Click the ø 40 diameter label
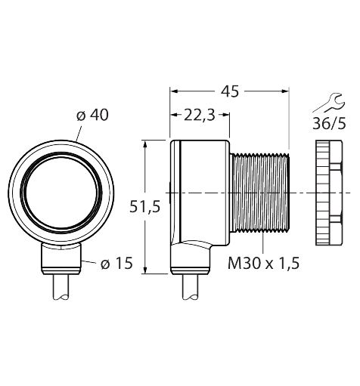tap(92, 115)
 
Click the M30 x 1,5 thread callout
tap(264, 263)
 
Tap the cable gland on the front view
tap(60, 260)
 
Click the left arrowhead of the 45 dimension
tap(173, 91)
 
